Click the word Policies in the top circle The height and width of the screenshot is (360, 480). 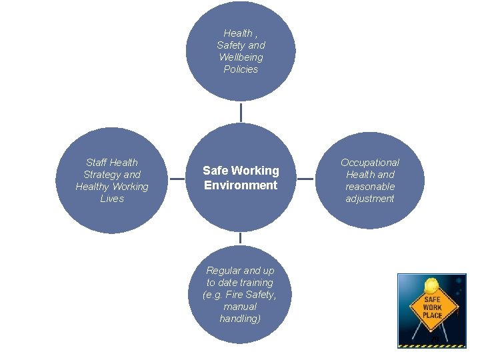(x=241, y=69)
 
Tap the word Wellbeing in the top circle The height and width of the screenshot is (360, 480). (x=241, y=57)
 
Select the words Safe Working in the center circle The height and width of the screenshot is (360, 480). (x=241, y=171)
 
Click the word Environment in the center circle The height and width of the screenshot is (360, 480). (x=241, y=185)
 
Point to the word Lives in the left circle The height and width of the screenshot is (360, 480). (x=112, y=199)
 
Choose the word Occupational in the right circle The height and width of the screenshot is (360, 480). (x=370, y=163)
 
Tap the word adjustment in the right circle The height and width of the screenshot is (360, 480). (x=370, y=199)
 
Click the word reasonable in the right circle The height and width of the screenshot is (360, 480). (x=370, y=187)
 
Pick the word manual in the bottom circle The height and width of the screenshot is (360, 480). (x=240, y=307)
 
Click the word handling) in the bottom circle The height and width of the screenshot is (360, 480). (x=240, y=319)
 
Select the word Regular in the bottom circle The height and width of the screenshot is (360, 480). (x=223, y=271)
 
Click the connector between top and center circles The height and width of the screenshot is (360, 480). (x=241, y=112)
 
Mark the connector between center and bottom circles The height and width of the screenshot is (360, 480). (x=241, y=238)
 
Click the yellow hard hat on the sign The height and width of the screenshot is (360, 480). (x=431, y=285)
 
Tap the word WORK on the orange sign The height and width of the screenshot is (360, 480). (x=432, y=307)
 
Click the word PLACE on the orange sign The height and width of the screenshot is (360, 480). (x=432, y=315)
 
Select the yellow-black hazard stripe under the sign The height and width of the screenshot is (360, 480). (x=431, y=345)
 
